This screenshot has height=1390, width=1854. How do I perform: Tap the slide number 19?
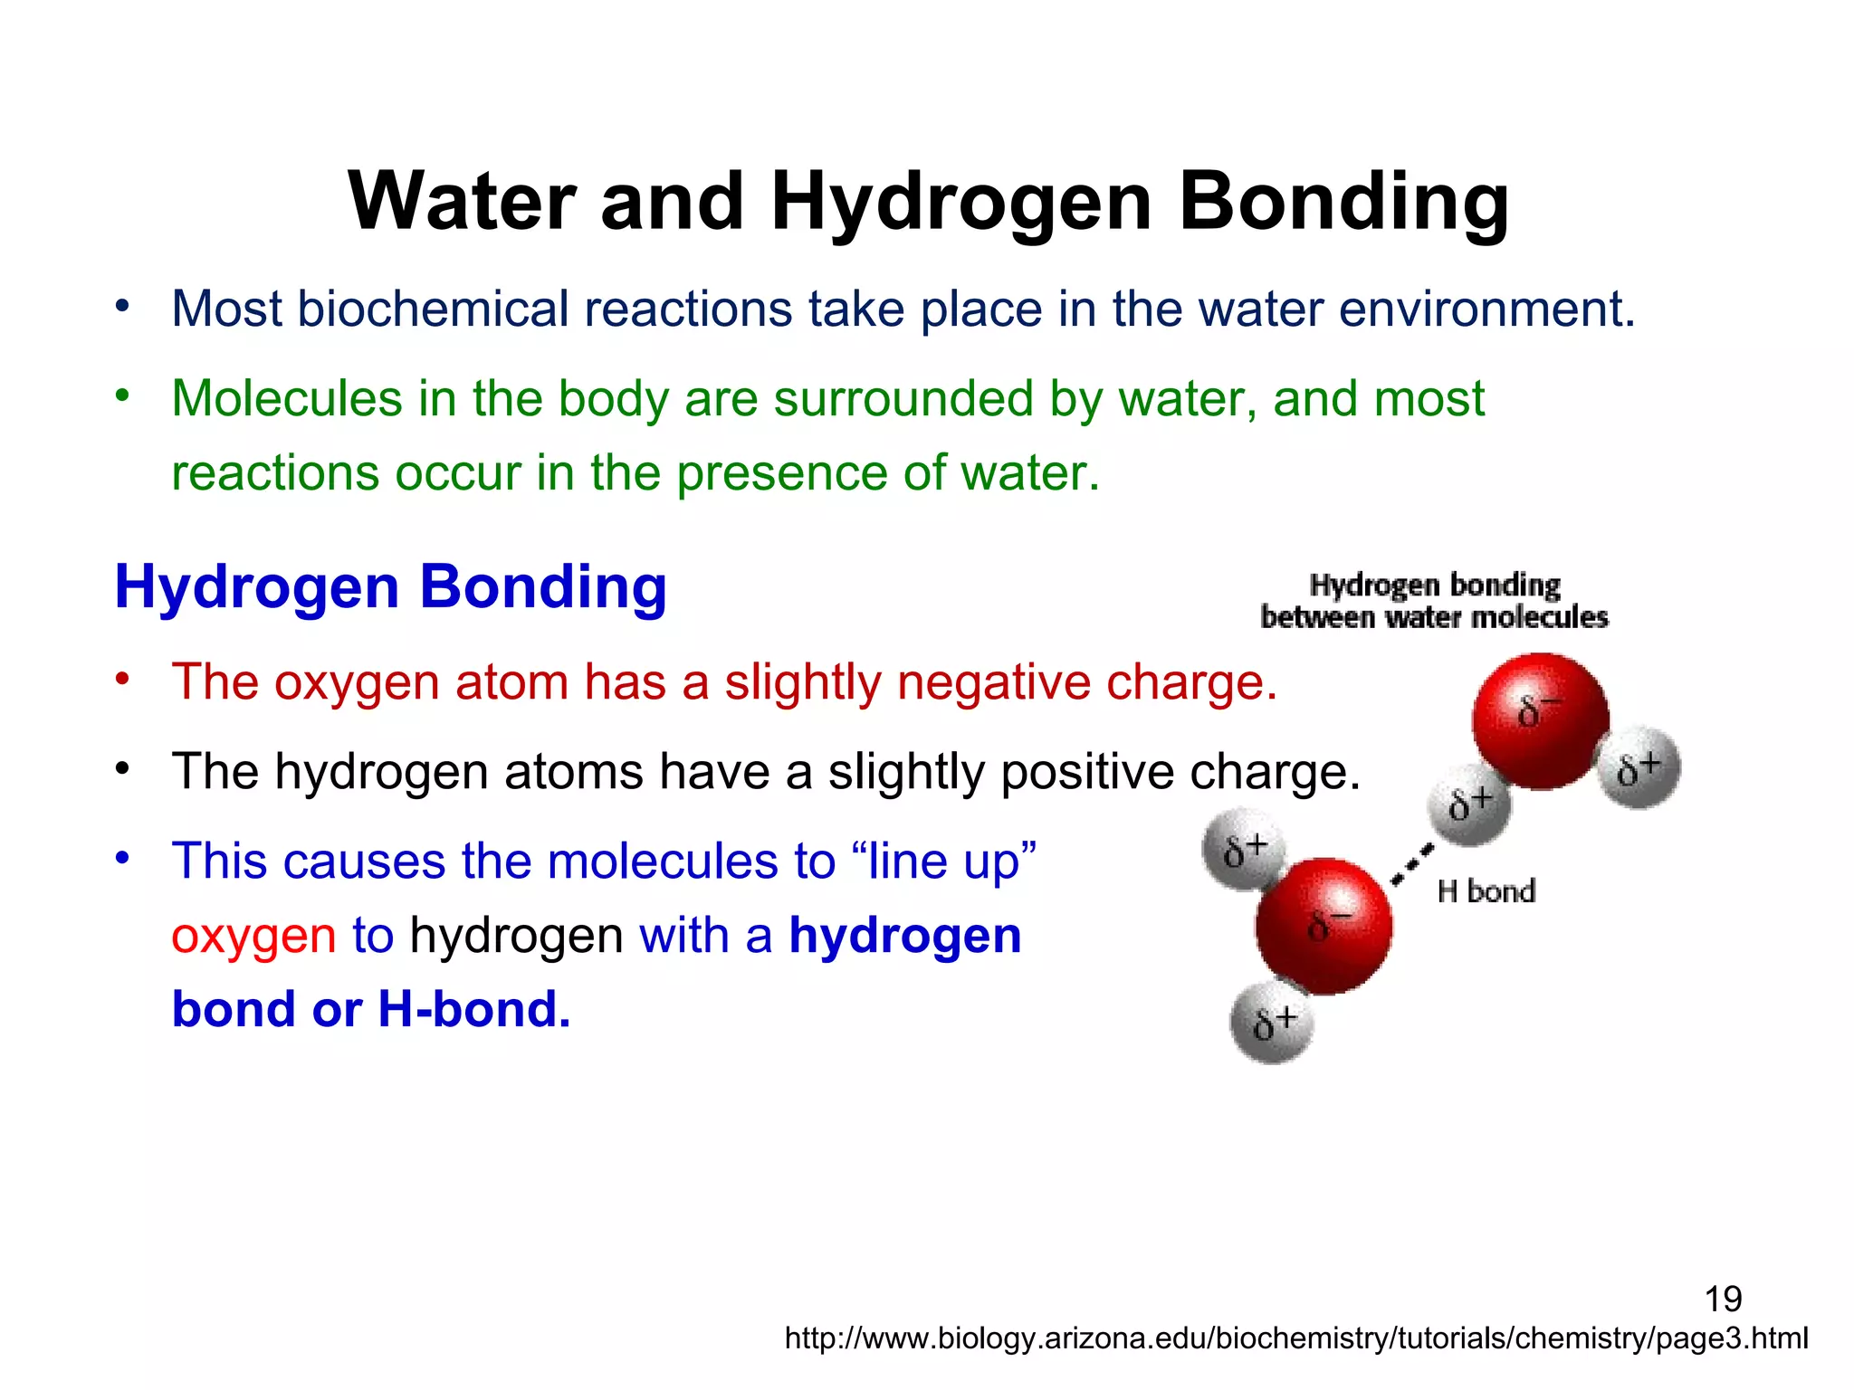pos(1723,1299)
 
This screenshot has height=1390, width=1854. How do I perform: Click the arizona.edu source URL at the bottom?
pos(1295,1338)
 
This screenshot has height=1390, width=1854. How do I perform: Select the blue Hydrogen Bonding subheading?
pos(390,587)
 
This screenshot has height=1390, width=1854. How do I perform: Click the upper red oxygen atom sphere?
pos(1540,720)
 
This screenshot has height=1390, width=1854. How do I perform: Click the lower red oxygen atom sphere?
pos(1324,926)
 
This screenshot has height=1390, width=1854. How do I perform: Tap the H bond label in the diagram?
pos(1486,891)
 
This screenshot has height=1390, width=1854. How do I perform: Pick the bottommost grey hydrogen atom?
pos(1271,1023)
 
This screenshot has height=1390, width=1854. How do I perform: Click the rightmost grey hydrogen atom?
pos(1639,768)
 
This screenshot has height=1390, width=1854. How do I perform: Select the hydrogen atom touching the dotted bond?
pos(1468,804)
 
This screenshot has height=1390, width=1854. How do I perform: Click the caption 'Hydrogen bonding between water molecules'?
pos(1434,601)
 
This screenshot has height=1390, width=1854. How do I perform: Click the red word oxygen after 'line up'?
pos(253,936)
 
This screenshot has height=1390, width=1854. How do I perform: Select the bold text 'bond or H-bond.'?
pos(371,1009)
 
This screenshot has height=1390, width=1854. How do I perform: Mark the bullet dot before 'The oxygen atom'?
pos(123,679)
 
